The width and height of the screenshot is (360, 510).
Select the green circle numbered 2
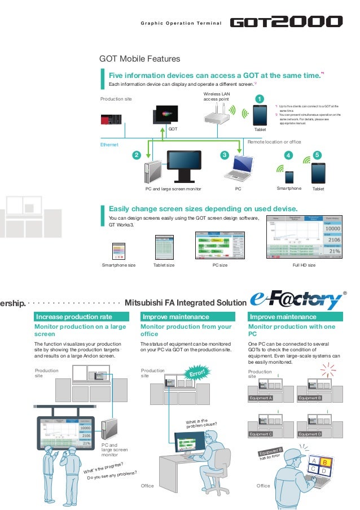[x=135, y=155]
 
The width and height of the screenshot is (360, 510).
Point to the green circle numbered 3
[x=224, y=155]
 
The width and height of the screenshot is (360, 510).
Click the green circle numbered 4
[x=289, y=155]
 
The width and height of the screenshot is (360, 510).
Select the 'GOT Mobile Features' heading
[x=139, y=59]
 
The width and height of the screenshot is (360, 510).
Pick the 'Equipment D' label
[x=312, y=433]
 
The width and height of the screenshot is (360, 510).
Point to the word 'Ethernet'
[x=109, y=145]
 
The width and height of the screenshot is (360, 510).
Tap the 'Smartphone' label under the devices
[x=289, y=189]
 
